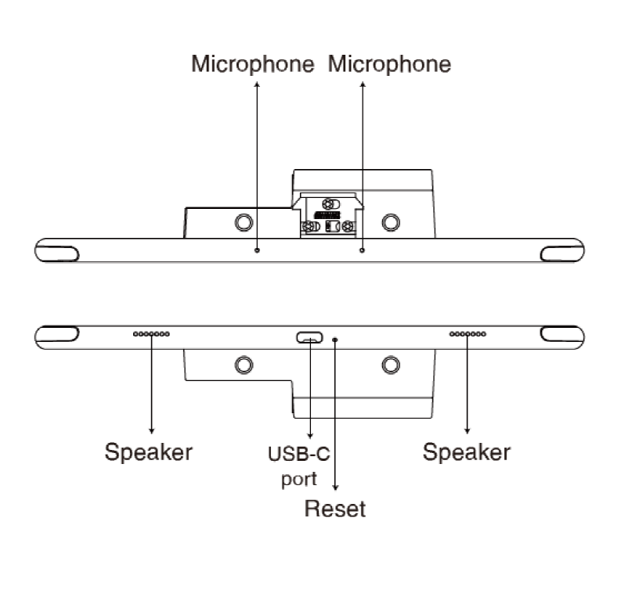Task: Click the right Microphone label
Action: (389, 64)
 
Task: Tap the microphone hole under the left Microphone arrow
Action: (258, 250)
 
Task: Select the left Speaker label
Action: (149, 451)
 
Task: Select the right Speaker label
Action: (467, 451)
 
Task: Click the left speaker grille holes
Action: (151, 334)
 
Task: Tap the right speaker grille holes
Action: (468, 334)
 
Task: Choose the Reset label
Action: (335, 509)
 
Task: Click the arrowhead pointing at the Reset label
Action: (336, 487)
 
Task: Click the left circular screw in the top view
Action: (244, 222)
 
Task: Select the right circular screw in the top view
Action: (389, 222)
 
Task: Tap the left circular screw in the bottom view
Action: (244, 364)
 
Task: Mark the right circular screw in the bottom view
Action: (389, 364)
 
